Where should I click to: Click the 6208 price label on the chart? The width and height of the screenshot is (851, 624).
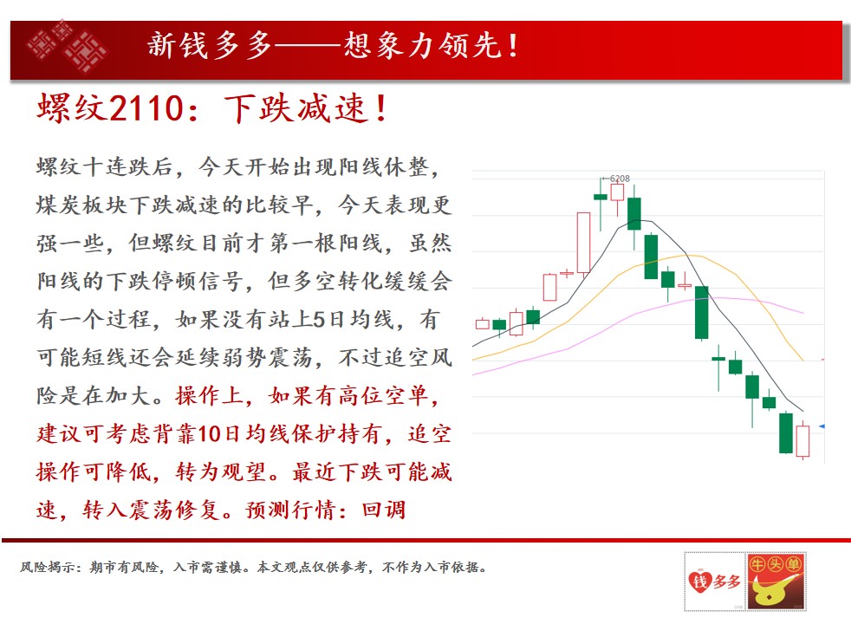(x=620, y=179)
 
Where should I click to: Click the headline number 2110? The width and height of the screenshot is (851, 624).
(x=146, y=107)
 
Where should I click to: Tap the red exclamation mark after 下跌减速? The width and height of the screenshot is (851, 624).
(x=381, y=107)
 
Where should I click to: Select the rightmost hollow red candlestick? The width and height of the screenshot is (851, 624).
(x=802, y=440)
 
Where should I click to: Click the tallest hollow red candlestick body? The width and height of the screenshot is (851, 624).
(x=583, y=243)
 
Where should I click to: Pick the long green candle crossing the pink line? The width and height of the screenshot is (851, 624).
(x=702, y=313)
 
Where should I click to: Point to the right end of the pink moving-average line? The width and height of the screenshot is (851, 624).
(x=803, y=313)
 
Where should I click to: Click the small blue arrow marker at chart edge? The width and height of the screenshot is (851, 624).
(x=822, y=426)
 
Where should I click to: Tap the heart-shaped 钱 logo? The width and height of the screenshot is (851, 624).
(x=699, y=582)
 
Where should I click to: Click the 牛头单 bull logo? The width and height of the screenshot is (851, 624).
(x=776, y=582)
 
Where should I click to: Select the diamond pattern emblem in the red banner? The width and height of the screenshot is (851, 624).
(x=68, y=46)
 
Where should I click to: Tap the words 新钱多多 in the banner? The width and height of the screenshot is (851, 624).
(x=210, y=45)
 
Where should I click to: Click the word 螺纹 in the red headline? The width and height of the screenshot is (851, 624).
(x=71, y=107)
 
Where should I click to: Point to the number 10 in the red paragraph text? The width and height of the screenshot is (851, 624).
(x=210, y=434)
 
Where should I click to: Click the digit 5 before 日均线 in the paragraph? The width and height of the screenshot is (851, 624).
(x=321, y=320)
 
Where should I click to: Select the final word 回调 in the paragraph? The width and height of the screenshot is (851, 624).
(x=384, y=510)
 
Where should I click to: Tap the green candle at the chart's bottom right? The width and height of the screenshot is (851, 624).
(x=786, y=432)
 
